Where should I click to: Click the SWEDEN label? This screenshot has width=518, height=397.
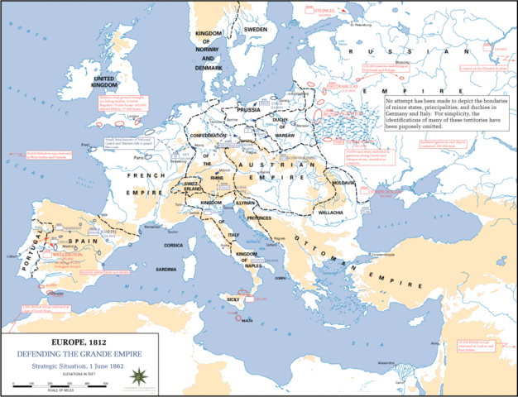pyautogui.click(x=255, y=29)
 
